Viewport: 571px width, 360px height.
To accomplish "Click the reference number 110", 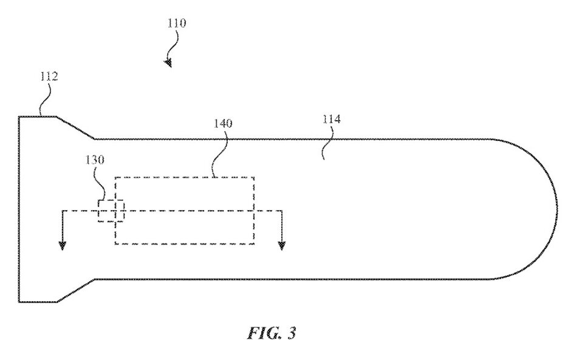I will click(x=177, y=24).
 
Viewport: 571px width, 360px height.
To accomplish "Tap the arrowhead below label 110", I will click(x=168, y=62).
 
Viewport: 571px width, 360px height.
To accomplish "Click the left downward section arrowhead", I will click(x=62, y=245).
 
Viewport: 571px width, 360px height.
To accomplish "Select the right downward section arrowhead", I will click(x=281, y=245).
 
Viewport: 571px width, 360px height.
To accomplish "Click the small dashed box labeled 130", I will click(x=111, y=211).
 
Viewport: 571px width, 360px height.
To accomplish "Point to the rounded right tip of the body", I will click(x=556, y=209).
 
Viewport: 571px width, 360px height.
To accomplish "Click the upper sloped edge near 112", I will click(x=75, y=127).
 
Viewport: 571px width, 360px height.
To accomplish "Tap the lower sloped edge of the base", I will click(x=75, y=290).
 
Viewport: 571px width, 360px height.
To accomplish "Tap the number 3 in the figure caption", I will click(x=292, y=333).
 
